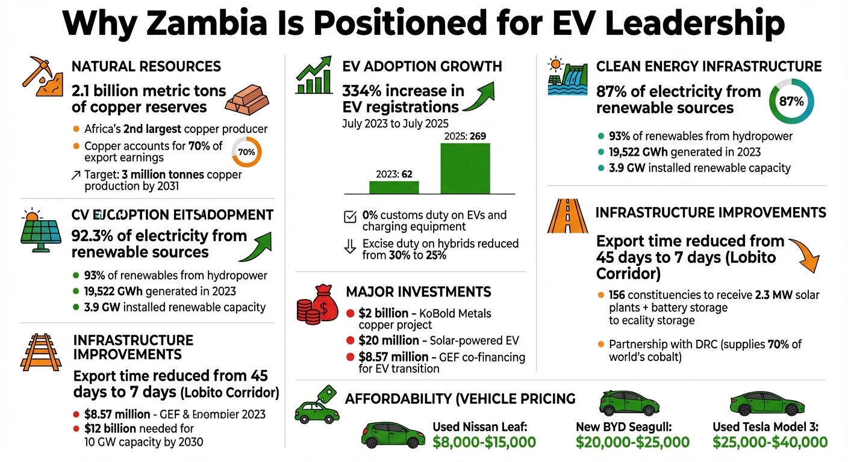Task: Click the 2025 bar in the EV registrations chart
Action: coord(465,168)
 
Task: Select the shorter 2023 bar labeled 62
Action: coord(393,186)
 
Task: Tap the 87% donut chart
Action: coord(791,102)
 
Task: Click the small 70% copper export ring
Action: coord(246,152)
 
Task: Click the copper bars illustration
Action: coord(249,99)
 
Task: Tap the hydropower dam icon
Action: coord(564,76)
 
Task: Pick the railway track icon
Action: coord(37,350)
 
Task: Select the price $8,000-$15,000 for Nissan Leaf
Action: coord(484,443)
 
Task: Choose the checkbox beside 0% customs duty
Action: coord(349,217)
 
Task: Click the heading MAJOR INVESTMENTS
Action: coord(418,292)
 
